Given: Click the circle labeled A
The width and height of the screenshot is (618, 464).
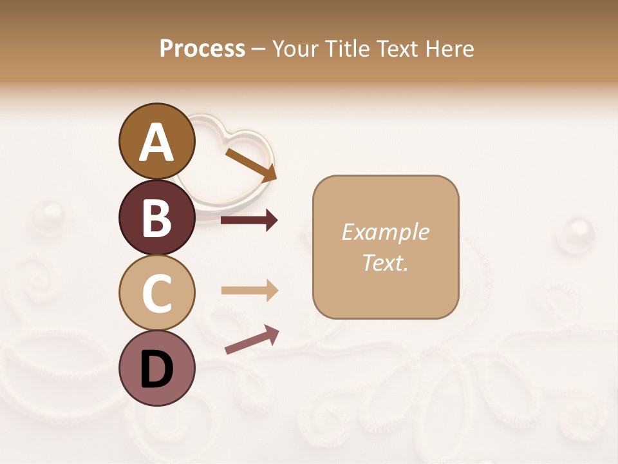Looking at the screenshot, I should [x=156, y=141].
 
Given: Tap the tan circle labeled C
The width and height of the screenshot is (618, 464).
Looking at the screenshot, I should [x=156, y=293].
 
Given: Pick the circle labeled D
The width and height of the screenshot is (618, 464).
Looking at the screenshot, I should [x=156, y=368].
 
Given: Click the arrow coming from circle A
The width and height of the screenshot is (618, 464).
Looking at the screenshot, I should [x=250, y=165].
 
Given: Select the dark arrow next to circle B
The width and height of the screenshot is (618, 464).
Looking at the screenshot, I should [x=249, y=220].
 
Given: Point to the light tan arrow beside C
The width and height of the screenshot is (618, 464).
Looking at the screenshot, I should [x=249, y=291].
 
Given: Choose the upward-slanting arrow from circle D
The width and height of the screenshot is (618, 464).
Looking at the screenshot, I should [x=252, y=340].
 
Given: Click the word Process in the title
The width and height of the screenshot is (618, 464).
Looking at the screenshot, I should [x=202, y=48].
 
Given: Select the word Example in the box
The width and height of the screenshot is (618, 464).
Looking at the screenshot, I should [x=385, y=232].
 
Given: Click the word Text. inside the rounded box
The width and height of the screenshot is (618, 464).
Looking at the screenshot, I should [x=385, y=262].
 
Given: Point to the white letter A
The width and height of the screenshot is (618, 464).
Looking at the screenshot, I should [x=156, y=142].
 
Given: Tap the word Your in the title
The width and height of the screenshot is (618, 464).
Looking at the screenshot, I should [x=297, y=48].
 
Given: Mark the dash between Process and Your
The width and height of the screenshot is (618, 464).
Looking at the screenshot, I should [x=258, y=50].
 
